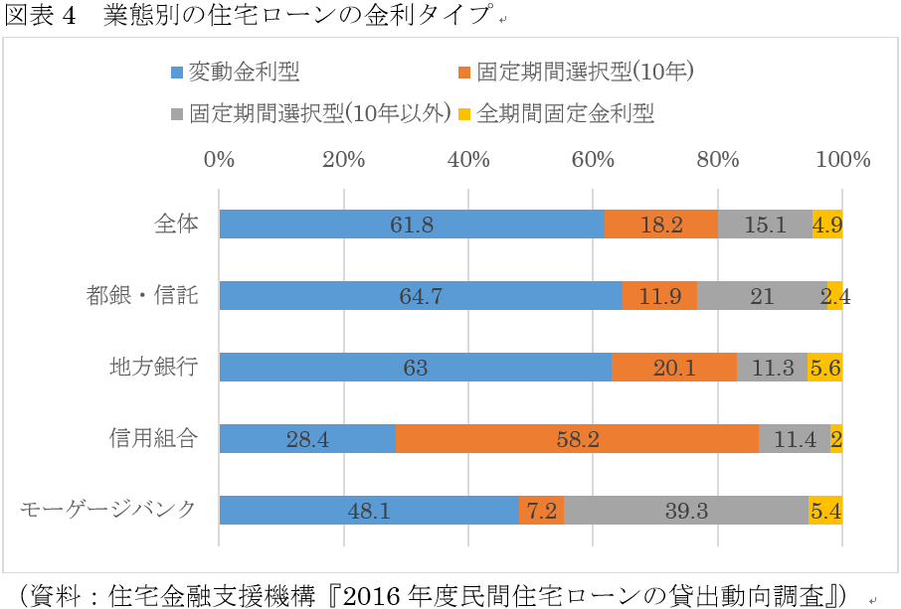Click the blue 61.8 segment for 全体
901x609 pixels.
pyautogui.click(x=412, y=225)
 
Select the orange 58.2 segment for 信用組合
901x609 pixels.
pyautogui.click(x=577, y=438)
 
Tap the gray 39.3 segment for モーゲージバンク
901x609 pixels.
pyautogui.click(x=686, y=510)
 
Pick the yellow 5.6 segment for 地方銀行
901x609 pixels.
pyautogui.click(x=824, y=368)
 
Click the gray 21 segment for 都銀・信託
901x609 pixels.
pyautogui.click(x=762, y=296)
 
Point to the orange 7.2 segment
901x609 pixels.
pyautogui.click(x=541, y=510)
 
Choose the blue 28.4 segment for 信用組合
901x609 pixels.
pyautogui.click(x=307, y=438)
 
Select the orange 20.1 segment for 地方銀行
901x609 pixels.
pyautogui.click(x=674, y=368)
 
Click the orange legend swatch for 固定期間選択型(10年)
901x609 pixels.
pyautogui.click(x=464, y=73)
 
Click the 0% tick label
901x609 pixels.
pyautogui.click(x=219, y=160)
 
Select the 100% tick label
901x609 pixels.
pyautogui.click(x=842, y=160)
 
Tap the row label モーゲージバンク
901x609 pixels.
pyautogui.click(x=107, y=510)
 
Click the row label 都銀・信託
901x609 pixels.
pyautogui.click(x=141, y=296)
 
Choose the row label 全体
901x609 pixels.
pyautogui.click(x=176, y=225)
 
